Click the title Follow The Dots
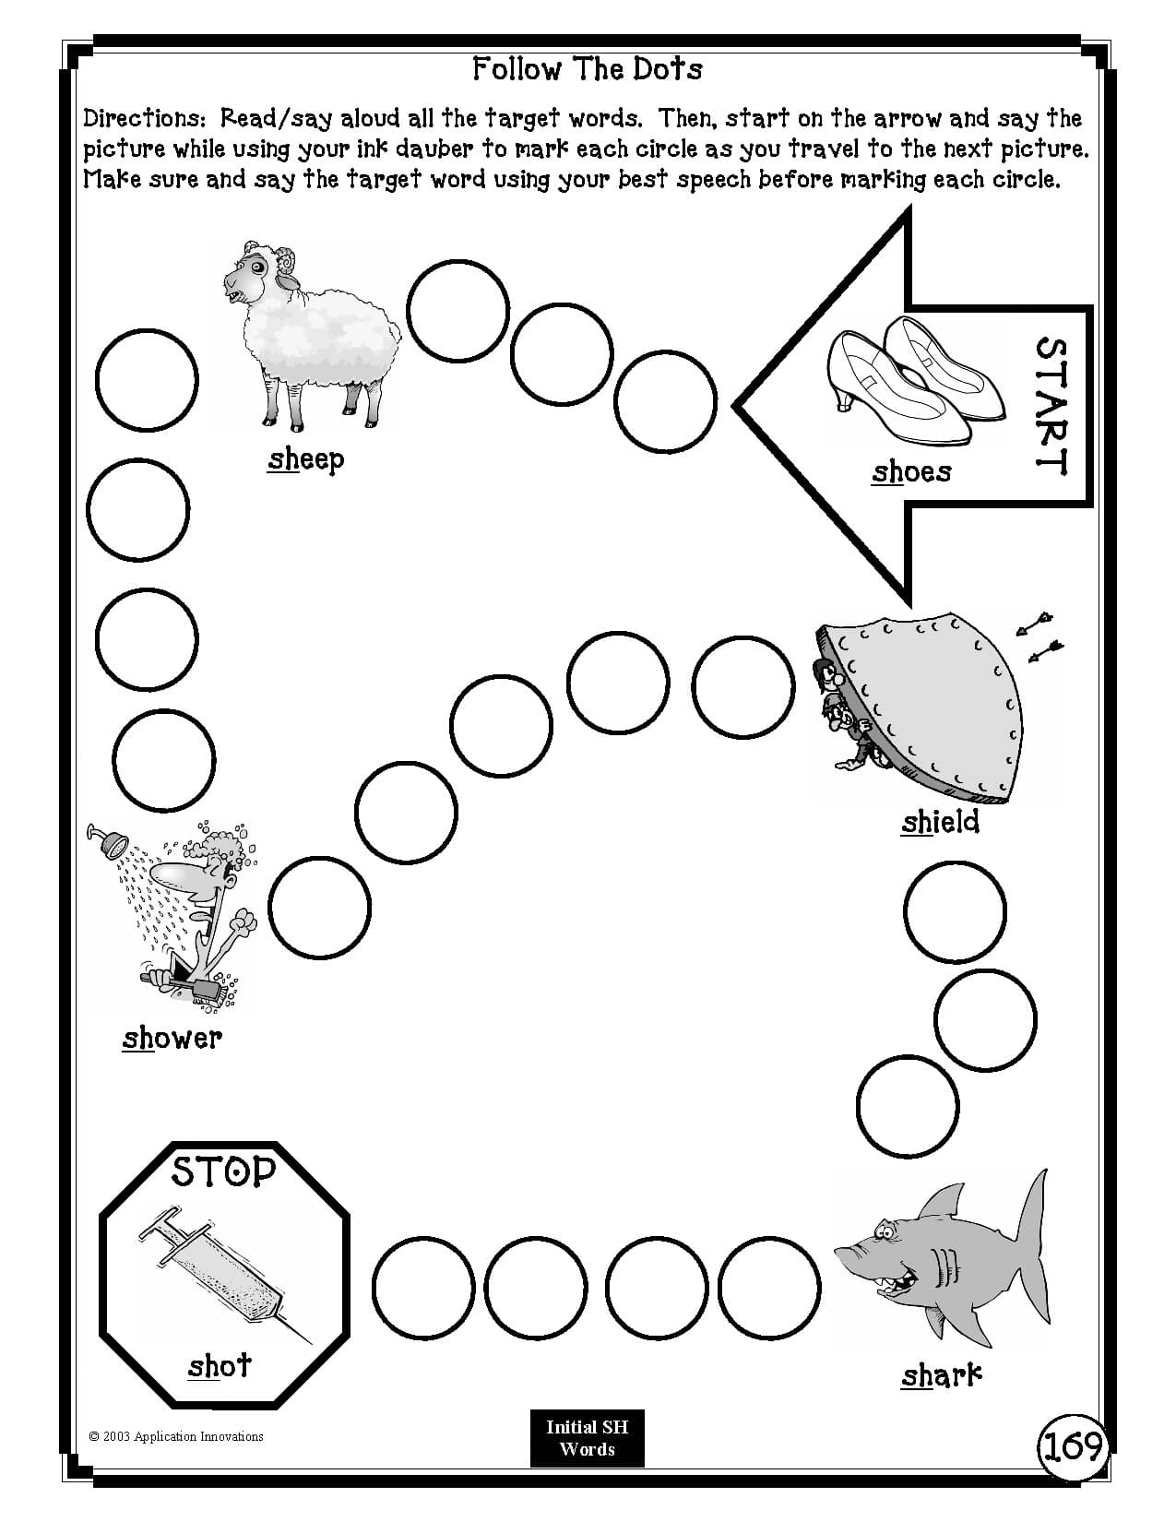pyautogui.click(x=587, y=69)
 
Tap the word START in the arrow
pyautogui.click(x=1051, y=406)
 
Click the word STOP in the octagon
pyautogui.click(x=224, y=1171)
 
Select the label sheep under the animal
pyautogui.click(x=305, y=459)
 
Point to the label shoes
pyautogui.click(x=911, y=472)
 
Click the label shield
pyautogui.click(x=940, y=822)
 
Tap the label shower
pyautogui.click(x=172, y=1039)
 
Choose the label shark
pyautogui.click(x=941, y=1376)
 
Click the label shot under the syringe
pyautogui.click(x=220, y=1365)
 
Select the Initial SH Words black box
pyautogui.click(x=587, y=1437)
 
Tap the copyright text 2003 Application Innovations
pyautogui.click(x=176, y=1436)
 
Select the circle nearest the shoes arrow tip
pyautogui.click(x=665, y=402)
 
